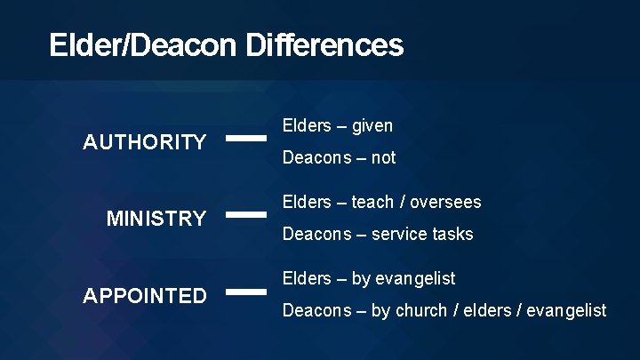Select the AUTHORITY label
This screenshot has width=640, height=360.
click(x=144, y=142)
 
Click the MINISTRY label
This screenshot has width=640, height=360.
click(x=156, y=219)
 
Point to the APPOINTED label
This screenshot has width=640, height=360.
click(x=144, y=296)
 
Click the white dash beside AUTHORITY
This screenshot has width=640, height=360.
click(x=246, y=138)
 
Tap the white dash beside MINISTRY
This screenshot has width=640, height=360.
click(x=246, y=214)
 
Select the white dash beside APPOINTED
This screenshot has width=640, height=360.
click(x=246, y=291)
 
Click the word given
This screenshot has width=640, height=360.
click(x=372, y=126)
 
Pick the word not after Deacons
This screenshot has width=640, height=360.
click(x=383, y=158)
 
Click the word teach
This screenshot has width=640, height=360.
click(x=372, y=203)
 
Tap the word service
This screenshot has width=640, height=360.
click(x=399, y=235)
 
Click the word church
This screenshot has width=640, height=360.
click(x=420, y=311)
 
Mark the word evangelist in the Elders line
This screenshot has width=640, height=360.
click(x=415, y=279)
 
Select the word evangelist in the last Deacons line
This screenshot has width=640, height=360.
click(x=567, y=311)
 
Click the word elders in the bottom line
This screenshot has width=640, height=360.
click(x=488, y=311)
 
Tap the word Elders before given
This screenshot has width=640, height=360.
click(x=307, y=126)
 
